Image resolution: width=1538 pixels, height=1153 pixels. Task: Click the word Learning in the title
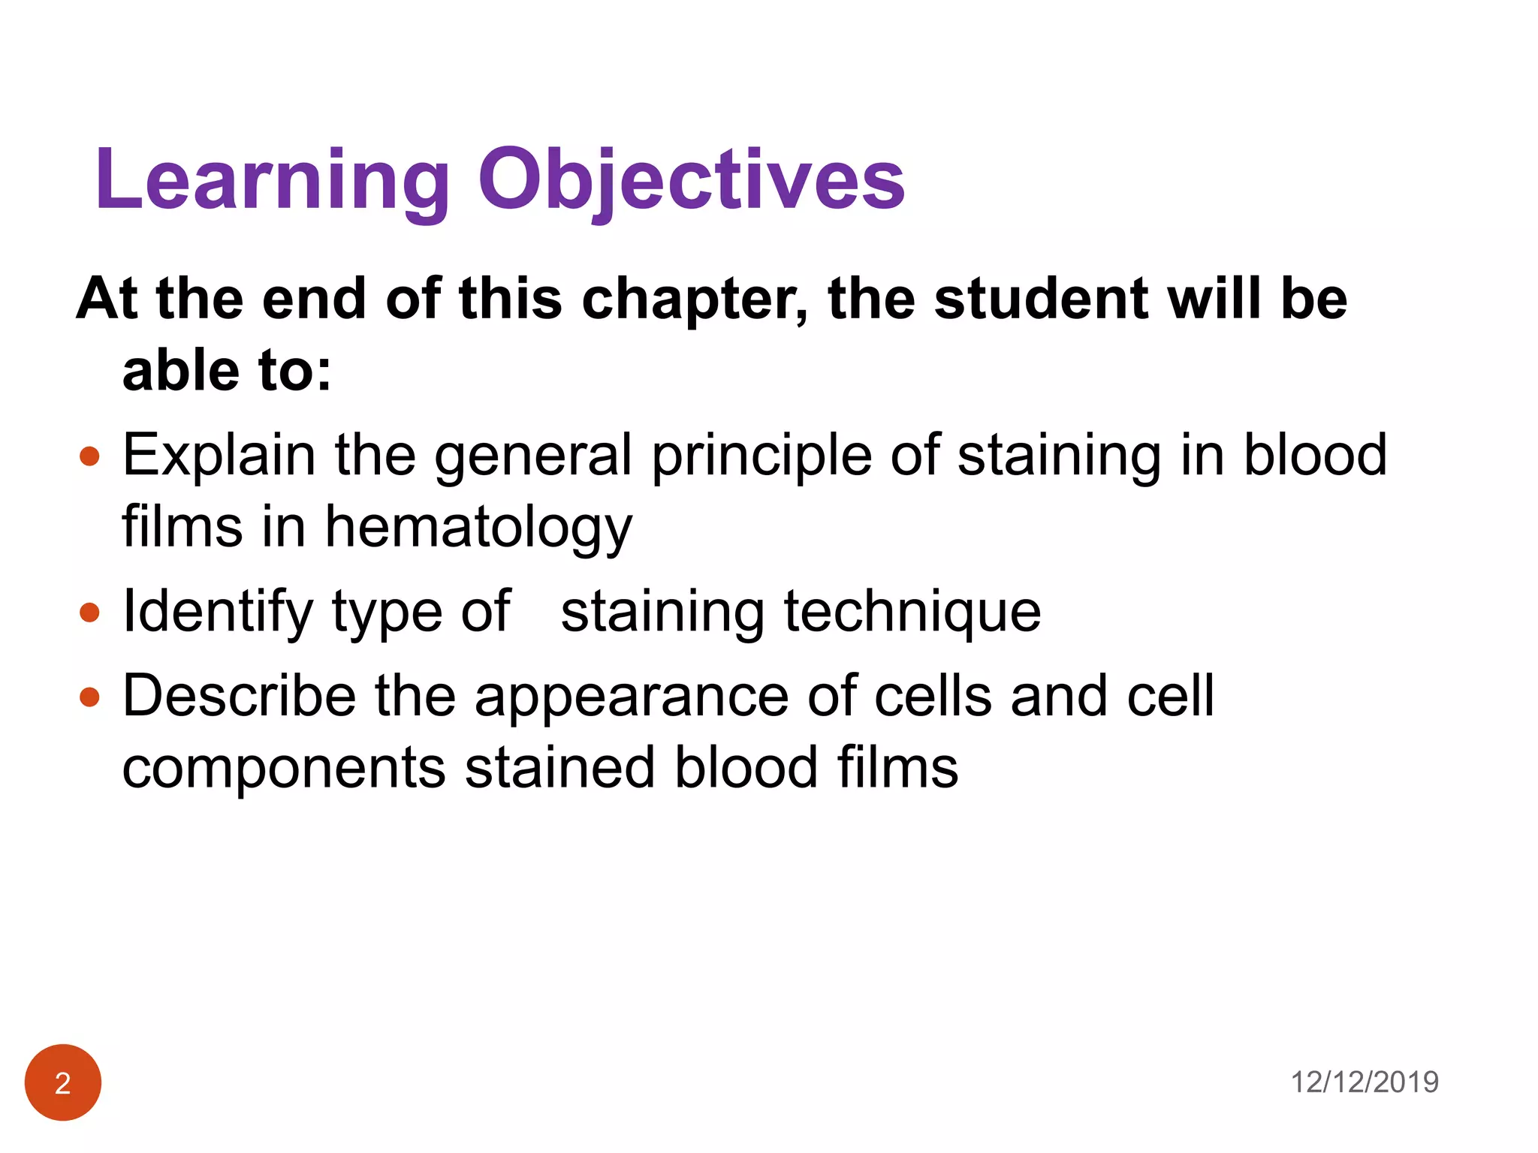272,180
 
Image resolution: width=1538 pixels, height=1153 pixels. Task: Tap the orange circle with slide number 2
63,1082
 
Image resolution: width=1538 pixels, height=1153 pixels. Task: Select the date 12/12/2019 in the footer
1364,1082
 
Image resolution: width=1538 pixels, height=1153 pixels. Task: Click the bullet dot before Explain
89,456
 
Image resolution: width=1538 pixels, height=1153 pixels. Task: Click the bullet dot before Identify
89,613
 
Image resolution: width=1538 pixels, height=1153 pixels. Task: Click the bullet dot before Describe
89,697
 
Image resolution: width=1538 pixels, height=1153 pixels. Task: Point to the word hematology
478,528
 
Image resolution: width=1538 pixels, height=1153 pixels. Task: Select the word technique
912,612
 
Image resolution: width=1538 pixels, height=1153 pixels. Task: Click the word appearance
631,697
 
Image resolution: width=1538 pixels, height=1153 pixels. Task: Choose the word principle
761,456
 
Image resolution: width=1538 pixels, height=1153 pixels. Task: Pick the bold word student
1040,299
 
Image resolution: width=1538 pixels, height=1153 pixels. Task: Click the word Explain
219,456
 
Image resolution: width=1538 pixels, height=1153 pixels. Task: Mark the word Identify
218,613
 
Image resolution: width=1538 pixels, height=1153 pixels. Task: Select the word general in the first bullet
533,456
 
